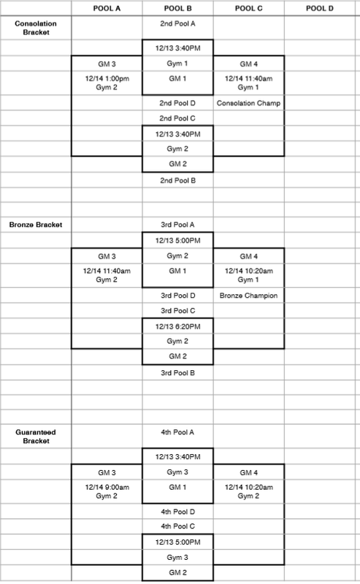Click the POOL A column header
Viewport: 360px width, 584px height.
[x=107, y=8]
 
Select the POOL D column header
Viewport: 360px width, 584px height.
[x=319, y=8]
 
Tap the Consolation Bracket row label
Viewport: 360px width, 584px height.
[x=36, y=28]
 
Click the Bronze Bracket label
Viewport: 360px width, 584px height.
[x=36, y=225]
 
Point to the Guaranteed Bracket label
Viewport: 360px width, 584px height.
[x=36, y=437]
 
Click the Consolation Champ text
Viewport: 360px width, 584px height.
[x=248, y=103]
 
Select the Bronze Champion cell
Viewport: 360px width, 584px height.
[x=248, y=296]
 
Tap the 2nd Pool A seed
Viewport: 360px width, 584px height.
[x=177, y=23]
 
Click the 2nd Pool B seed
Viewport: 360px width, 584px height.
[x=177, y=180]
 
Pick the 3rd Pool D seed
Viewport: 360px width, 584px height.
[x=177, y=296]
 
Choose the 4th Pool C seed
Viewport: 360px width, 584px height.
[x=177, y=526]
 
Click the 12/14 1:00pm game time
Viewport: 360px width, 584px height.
[x=107, y=79]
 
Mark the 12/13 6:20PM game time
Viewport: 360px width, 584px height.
[x=177, y=326]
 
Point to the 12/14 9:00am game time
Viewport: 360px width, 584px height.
[x=107, y=487]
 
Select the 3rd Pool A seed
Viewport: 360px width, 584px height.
[x=177, y=225]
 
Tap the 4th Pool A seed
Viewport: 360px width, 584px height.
[x=177, y=432]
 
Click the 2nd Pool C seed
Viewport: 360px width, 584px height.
[x=177, y=118]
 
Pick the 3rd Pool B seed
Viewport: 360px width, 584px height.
[x=177, y=373]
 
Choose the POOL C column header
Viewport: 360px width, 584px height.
[x=248, y=8]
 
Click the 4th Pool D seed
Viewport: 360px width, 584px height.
[x=177, y=512]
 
